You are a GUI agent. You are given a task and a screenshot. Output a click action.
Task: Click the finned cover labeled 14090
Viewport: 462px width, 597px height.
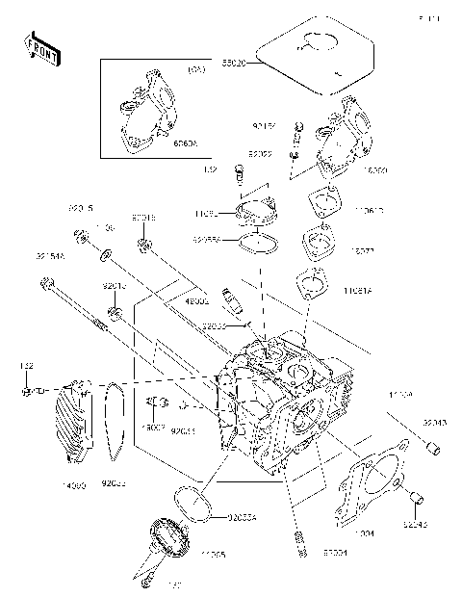pyautogui.click(x=77, y=425)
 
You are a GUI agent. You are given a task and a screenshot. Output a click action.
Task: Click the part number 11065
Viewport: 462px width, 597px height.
pyautogui.click(x=215, y=557)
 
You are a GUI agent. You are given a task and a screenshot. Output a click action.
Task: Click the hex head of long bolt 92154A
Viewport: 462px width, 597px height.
pyautogui.click(x=45, y=284)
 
